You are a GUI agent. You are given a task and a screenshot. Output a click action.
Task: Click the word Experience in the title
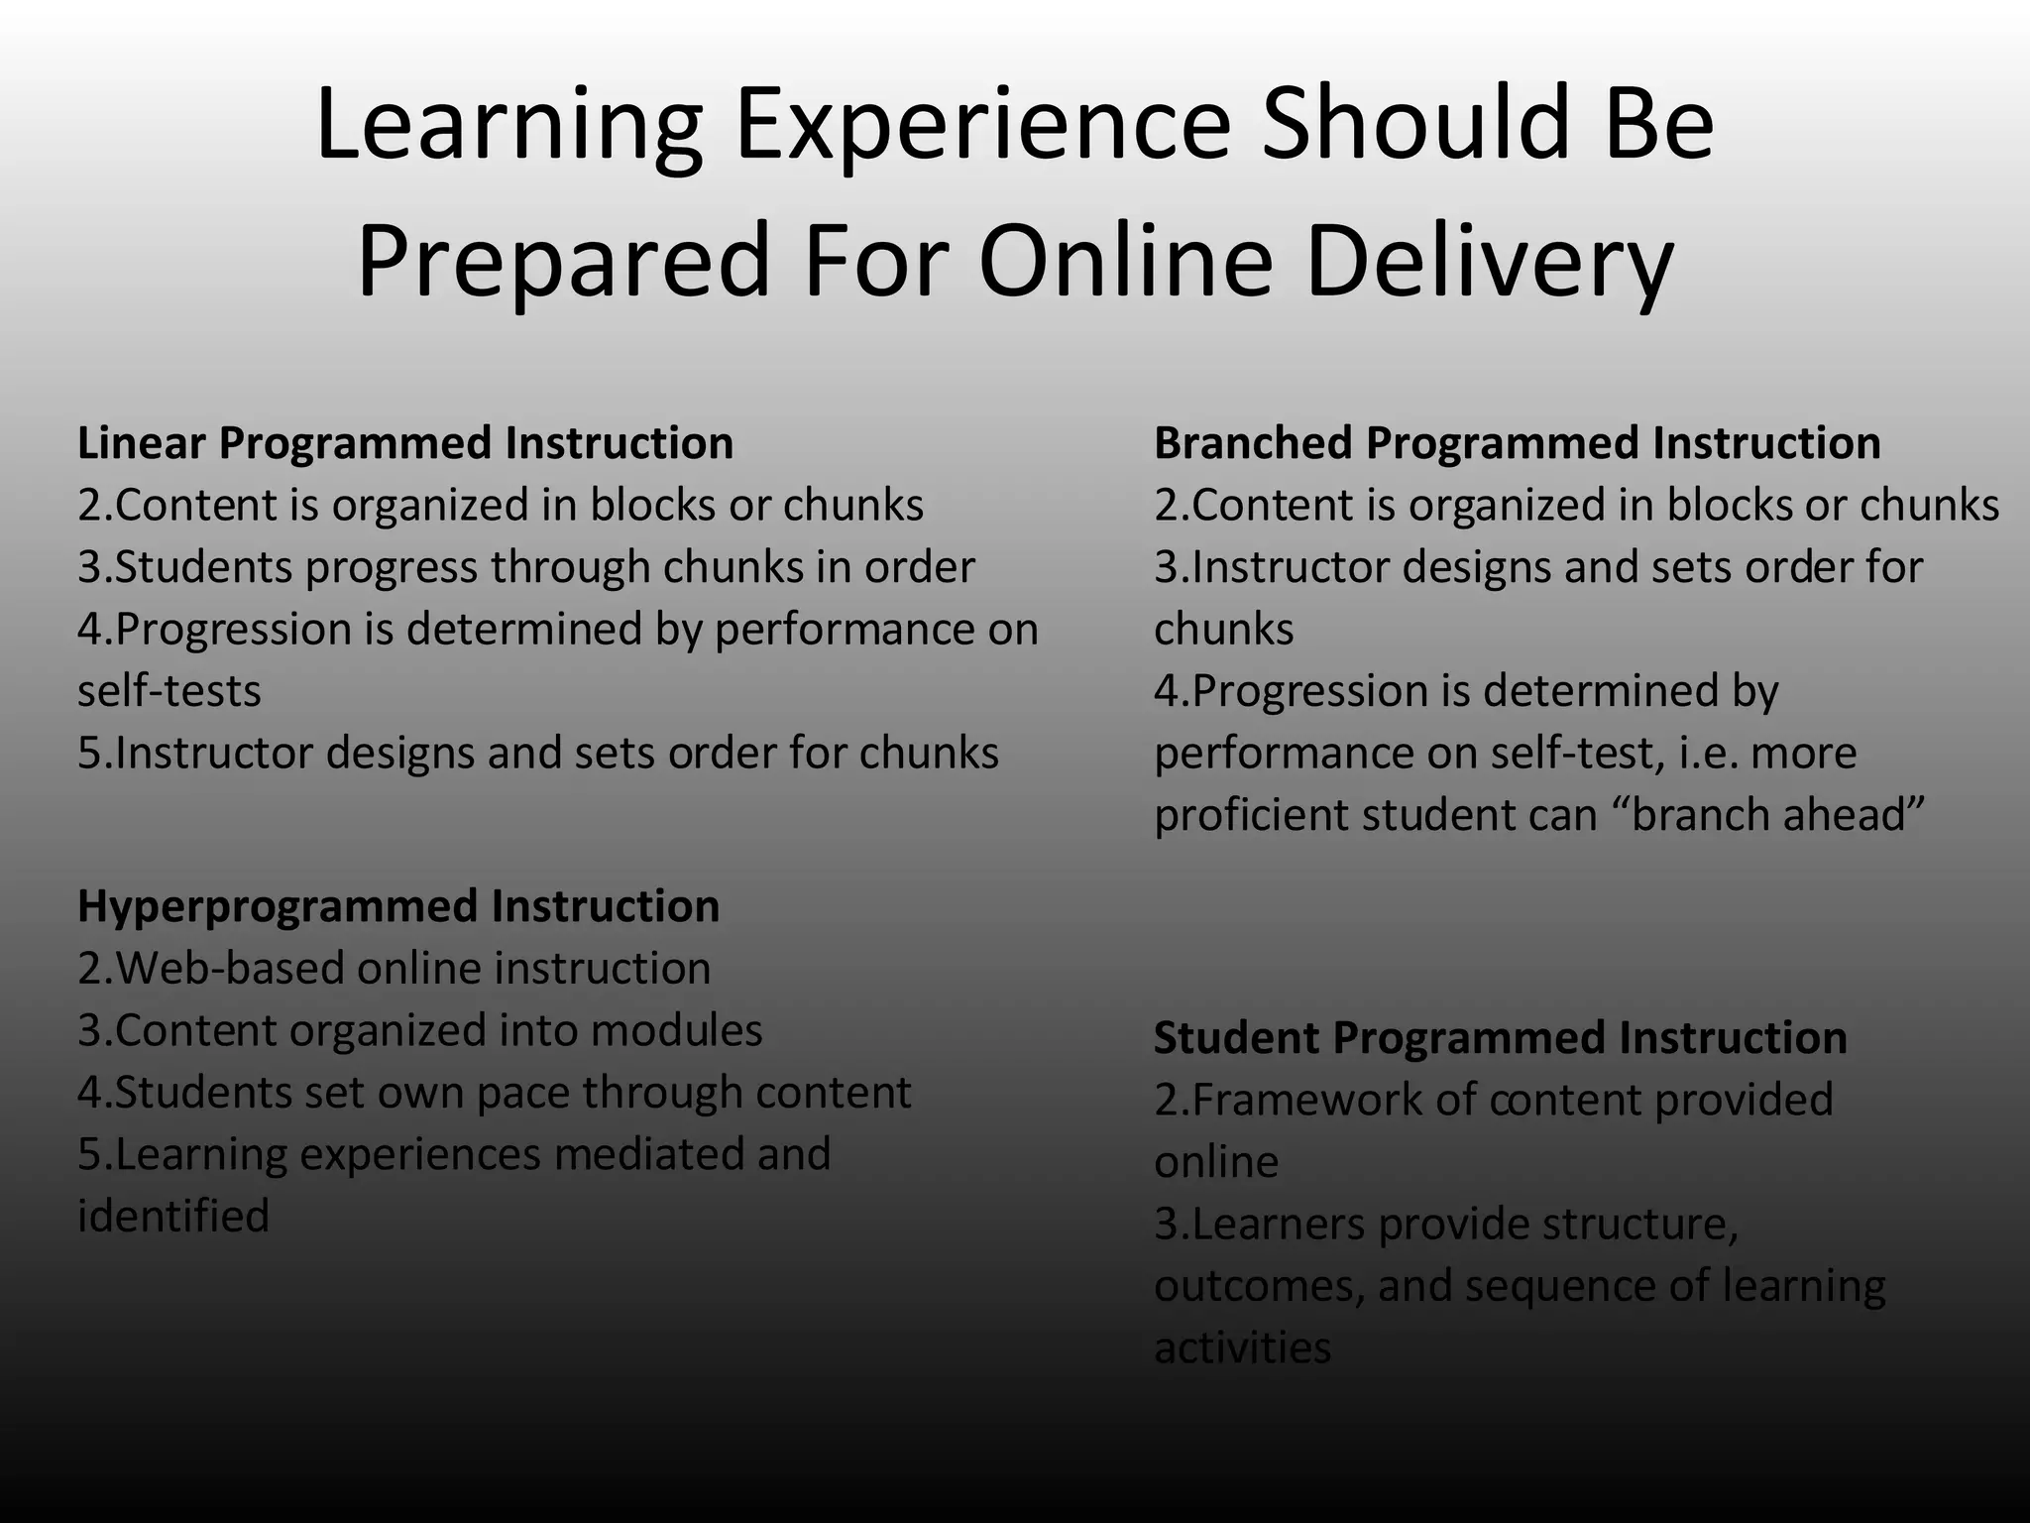click(982, 125)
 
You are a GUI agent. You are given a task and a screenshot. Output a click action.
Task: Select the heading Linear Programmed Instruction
click(405, 443)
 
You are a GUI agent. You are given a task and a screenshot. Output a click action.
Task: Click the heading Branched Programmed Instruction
click(1517, 443)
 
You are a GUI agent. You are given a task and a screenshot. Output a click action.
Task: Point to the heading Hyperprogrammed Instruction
click(398, 906)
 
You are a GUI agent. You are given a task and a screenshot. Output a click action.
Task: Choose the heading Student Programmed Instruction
click(1500, 1038)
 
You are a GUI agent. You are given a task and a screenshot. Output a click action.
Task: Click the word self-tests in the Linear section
click(169, 691)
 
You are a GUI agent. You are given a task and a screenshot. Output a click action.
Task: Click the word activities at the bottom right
click(1243, 1348)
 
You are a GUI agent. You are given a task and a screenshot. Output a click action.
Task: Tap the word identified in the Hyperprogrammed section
click(173, 1217)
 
